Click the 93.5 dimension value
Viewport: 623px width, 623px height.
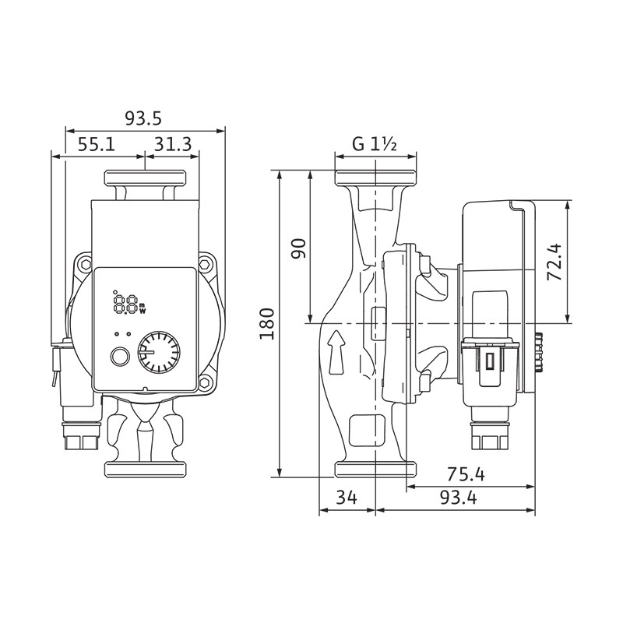[143, 118]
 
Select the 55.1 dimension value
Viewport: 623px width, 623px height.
[96, 144]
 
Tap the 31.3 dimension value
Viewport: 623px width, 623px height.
[173, 144]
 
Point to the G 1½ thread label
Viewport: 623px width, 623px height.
[375, 144]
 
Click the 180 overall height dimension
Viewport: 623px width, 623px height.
[267, 323]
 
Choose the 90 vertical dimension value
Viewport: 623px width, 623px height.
[299, 248]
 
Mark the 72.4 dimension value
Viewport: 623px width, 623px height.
[554, 262]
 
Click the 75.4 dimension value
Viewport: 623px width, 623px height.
[466, 474]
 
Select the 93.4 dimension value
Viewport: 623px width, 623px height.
[459, 498]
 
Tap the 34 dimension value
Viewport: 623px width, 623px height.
[347, 498]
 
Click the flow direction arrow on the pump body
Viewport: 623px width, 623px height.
[336, 352]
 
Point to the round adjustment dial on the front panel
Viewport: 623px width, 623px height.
[159, 352]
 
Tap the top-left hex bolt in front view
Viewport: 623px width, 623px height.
[86, 264]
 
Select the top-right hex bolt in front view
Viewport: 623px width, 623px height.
[204, 264]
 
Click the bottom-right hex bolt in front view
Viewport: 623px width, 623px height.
[204, 382]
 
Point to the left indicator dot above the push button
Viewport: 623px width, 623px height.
[117, 334]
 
